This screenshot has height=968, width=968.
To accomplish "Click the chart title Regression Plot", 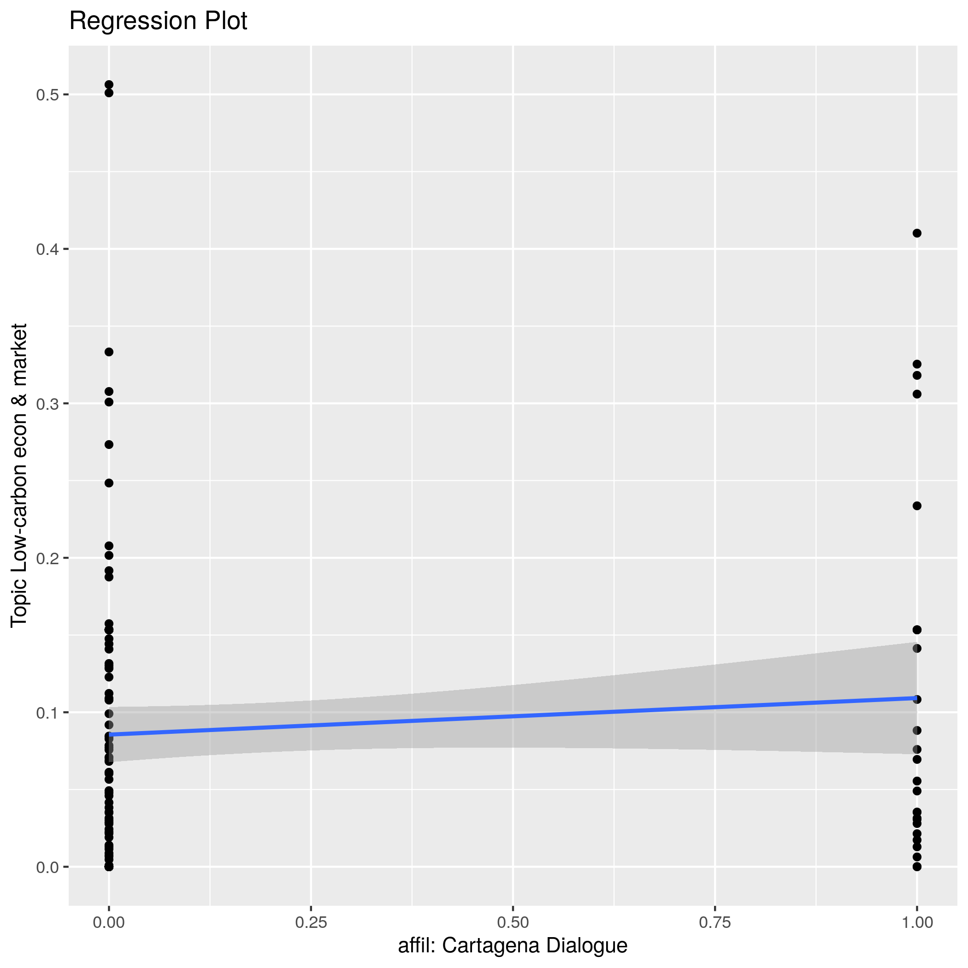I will pyautogui.click(x=158, y=22).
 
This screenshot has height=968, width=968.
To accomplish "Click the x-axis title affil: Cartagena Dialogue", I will pyautogui.click(x=513, y=945).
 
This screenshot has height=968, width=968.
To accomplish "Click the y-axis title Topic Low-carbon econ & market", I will pyautogui.click(x=19, y=475).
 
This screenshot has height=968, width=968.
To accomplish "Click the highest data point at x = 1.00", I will pyautogui.click(x=917, y=233).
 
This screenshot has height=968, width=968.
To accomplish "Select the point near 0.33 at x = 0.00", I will pyautogui.click(x=109, y=352).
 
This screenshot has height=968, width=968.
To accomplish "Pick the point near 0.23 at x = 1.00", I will pyautogui.click(x=917, y=506).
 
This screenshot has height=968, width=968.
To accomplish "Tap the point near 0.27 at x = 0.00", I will pyautogui.click(x=109, y=444).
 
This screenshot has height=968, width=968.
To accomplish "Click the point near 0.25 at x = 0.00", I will pyautogui.click(x=109, y=483).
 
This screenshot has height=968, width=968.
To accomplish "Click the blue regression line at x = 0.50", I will pyautogui.click(x=513, y=715).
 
